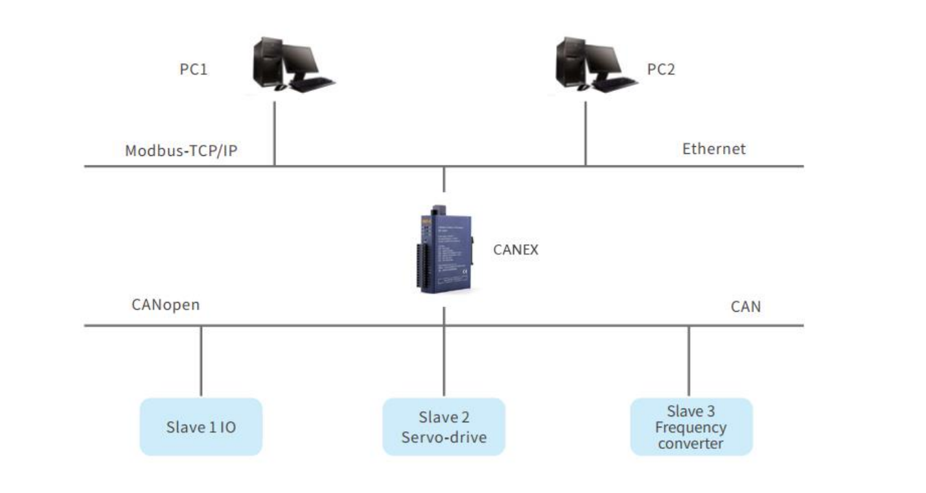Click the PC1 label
click(193, 68)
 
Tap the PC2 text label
click(661, 68)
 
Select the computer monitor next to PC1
click(301, 60)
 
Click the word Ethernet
click(714, 149)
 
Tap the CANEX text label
click(515, 249)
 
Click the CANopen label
click(165, 305)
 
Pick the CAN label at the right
click(745, 307)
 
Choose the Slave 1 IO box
click(201, 427)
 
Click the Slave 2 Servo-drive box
click(444, 427)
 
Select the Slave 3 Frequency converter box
click(691, 427)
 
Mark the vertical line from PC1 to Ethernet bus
click(274, 133)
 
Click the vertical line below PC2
click(585, 133)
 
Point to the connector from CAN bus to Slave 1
click(201, 361)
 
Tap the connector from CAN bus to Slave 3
click(689, 361)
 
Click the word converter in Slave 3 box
click(690, 444)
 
